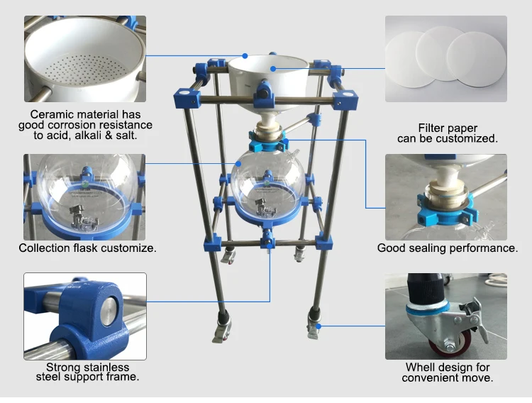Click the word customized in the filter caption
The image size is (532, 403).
click(467, 138)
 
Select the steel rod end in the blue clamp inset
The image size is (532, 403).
click(109, 311)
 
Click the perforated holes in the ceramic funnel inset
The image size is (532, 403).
click(85, 68)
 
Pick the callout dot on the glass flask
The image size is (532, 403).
click(238, 164)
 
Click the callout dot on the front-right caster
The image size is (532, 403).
click(318, 326)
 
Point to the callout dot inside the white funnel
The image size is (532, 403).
click(273, 69)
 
